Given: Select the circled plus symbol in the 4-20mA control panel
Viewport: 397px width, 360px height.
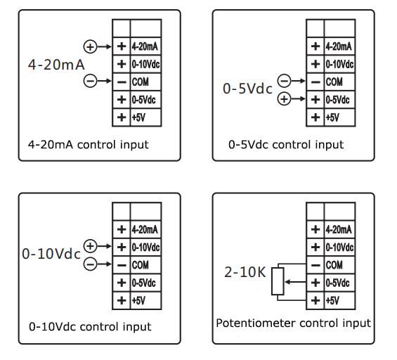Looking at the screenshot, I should [x=91, y=46].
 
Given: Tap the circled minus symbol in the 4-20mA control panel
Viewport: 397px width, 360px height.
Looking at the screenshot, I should [x=91, y=82].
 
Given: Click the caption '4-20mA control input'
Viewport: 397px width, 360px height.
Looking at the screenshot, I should [x=89, y=145].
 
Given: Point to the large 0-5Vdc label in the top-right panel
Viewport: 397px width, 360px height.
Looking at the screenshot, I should [x=247, y=90].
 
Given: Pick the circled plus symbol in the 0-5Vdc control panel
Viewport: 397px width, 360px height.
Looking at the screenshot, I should [x=284, y=99].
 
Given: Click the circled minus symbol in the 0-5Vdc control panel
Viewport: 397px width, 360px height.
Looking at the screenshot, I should [x=284, y=82].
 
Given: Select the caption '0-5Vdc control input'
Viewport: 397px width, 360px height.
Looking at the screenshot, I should [x=286, y=145].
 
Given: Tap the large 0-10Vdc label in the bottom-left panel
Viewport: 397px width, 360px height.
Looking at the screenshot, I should [x=51, y=255].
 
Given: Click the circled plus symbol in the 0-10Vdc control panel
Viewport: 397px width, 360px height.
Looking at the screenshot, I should [x=90, y=246].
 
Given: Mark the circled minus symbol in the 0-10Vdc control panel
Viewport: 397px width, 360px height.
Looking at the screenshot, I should [x=90, y=264].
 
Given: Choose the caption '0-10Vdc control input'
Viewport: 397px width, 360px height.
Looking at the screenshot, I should [x=90, y=327].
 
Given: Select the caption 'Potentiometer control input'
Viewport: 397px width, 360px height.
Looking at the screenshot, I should [x=293, y=323].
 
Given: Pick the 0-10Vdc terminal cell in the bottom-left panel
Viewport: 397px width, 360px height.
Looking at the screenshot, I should [x=145, y=247].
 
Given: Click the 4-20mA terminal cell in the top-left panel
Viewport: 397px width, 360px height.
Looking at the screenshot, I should [x=145, y=46].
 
